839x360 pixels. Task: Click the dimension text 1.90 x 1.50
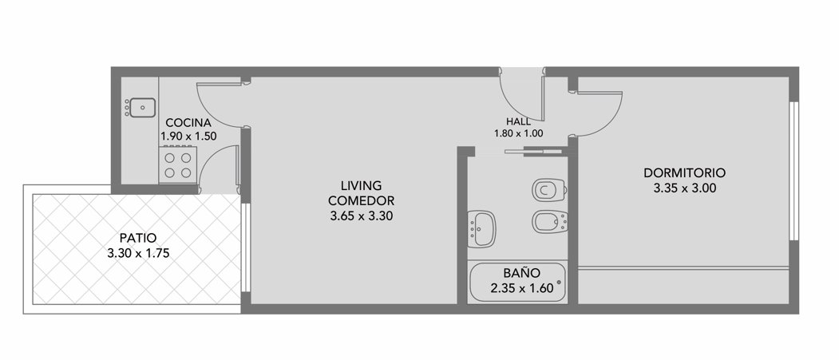coord(189,136)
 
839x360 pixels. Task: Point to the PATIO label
coord(138,238)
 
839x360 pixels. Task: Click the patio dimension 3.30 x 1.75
coord(138,254)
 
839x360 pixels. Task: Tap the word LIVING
coord(361,186)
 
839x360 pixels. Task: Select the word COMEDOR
coord(361,201)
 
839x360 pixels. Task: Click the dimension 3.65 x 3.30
coord(361,216)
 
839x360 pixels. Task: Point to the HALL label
coord(519,122)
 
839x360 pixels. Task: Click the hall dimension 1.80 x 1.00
coord(519,134)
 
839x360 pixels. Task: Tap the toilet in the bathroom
coord(549,190)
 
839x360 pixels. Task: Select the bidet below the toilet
coord(550,221)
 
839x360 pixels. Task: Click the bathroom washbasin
coord(481,229)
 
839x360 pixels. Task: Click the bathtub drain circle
coord(559,282)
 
